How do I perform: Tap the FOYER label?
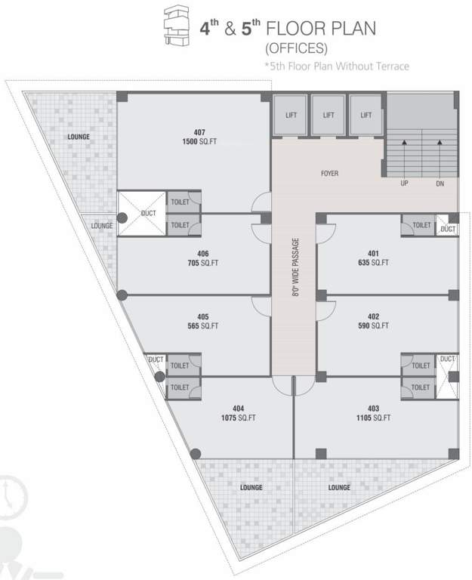329,174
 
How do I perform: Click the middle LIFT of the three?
329,116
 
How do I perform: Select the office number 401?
373,253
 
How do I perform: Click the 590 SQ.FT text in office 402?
373,326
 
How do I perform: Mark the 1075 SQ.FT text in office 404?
239,418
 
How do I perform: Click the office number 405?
202,316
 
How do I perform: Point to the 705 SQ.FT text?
203,263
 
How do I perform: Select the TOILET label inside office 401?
421,225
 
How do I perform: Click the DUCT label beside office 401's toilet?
449,228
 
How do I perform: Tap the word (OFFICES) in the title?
295,49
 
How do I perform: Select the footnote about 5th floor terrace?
336,66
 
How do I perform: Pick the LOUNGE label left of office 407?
78,137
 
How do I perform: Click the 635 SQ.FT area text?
373,263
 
